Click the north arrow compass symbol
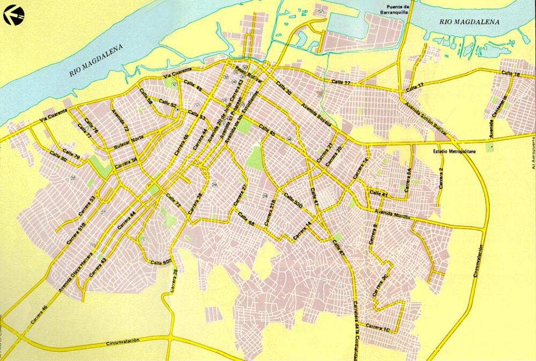coord(14,14)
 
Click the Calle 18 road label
coord(509,74)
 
